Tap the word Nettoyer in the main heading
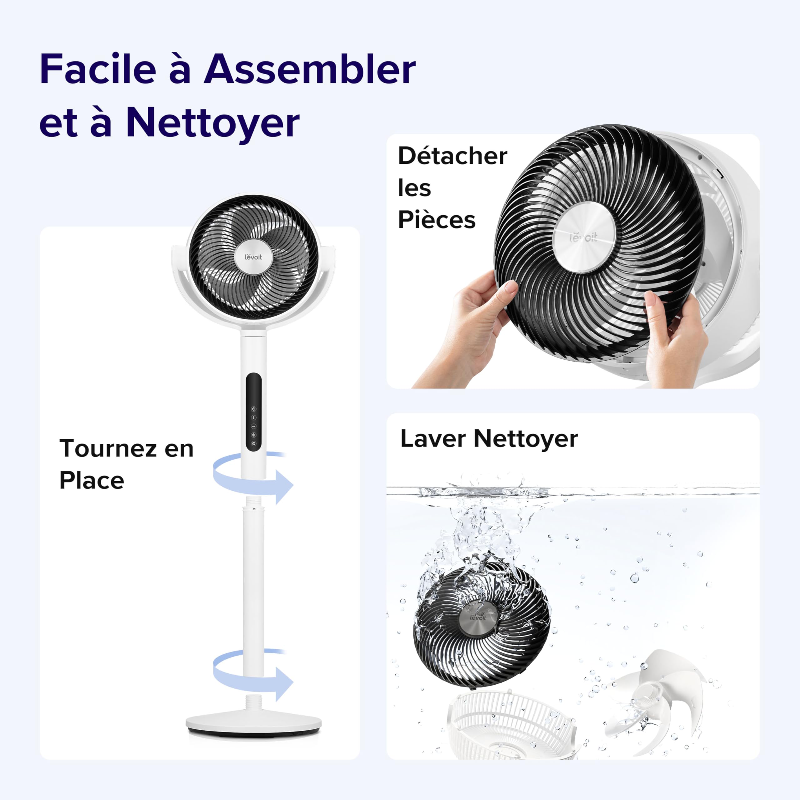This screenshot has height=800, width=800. coord(213,122)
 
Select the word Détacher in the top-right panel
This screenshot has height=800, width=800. coord(452,156)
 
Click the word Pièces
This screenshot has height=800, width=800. coord(437,220)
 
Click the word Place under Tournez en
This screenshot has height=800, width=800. coord(92,480)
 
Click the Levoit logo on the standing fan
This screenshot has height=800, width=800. coord(253,257)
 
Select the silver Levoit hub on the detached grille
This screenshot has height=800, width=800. coord(584,237)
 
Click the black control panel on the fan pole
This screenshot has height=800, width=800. coord(253,412)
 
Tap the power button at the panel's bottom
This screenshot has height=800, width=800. coord(253,443)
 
